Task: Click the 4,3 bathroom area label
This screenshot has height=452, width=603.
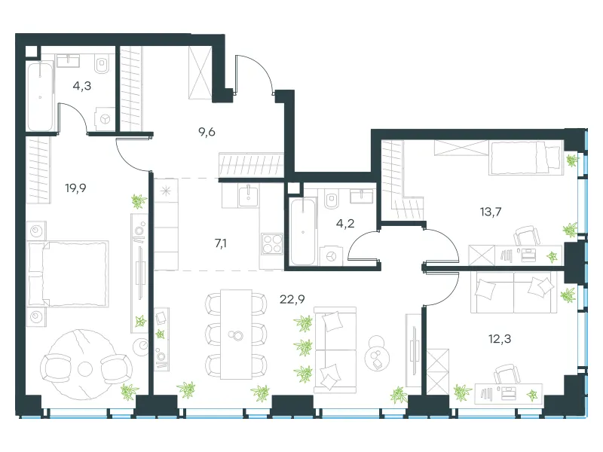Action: tap(82, 86)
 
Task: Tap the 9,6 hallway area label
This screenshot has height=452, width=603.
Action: tap(207, 133)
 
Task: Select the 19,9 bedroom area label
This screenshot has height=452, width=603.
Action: tap(75, 188)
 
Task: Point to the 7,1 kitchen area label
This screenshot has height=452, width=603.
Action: tap(220, 243)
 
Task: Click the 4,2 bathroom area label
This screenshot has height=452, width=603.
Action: tap(345, 223)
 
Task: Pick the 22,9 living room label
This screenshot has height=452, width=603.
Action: tap(292, 299)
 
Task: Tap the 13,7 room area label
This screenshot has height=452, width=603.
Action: tap(491, 212)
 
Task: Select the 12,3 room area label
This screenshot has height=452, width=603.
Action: tap(500, 338)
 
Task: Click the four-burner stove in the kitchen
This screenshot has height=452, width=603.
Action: tap(272, 243)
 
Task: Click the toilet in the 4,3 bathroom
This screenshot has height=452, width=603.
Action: tap(102, 64)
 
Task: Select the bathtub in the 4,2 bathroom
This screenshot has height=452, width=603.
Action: tap(303, 232)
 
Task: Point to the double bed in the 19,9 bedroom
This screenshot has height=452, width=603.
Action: tap(68, 273)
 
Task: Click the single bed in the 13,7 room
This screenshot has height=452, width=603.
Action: tap(525, 157)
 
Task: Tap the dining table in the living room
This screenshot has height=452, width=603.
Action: tap(236, 334)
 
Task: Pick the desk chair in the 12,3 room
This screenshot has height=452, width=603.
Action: tap(507, 374)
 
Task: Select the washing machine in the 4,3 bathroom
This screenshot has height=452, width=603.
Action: tap(105, 119)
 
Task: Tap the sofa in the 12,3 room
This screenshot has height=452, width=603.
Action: tap(514, 292)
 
